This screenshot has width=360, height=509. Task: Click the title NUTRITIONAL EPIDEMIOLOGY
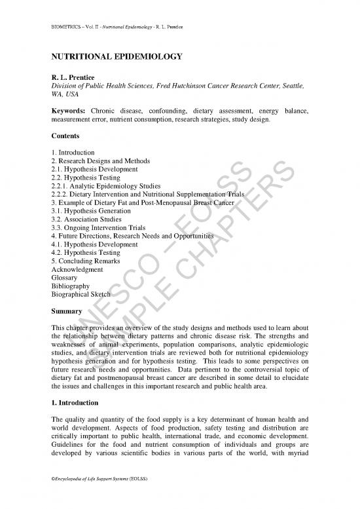[116, 57]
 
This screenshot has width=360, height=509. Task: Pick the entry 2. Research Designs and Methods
[100, 161]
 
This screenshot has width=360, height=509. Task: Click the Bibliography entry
[70, 286]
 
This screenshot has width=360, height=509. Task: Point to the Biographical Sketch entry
[79, 295]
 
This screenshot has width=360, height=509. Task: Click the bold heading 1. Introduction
[75, 402]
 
